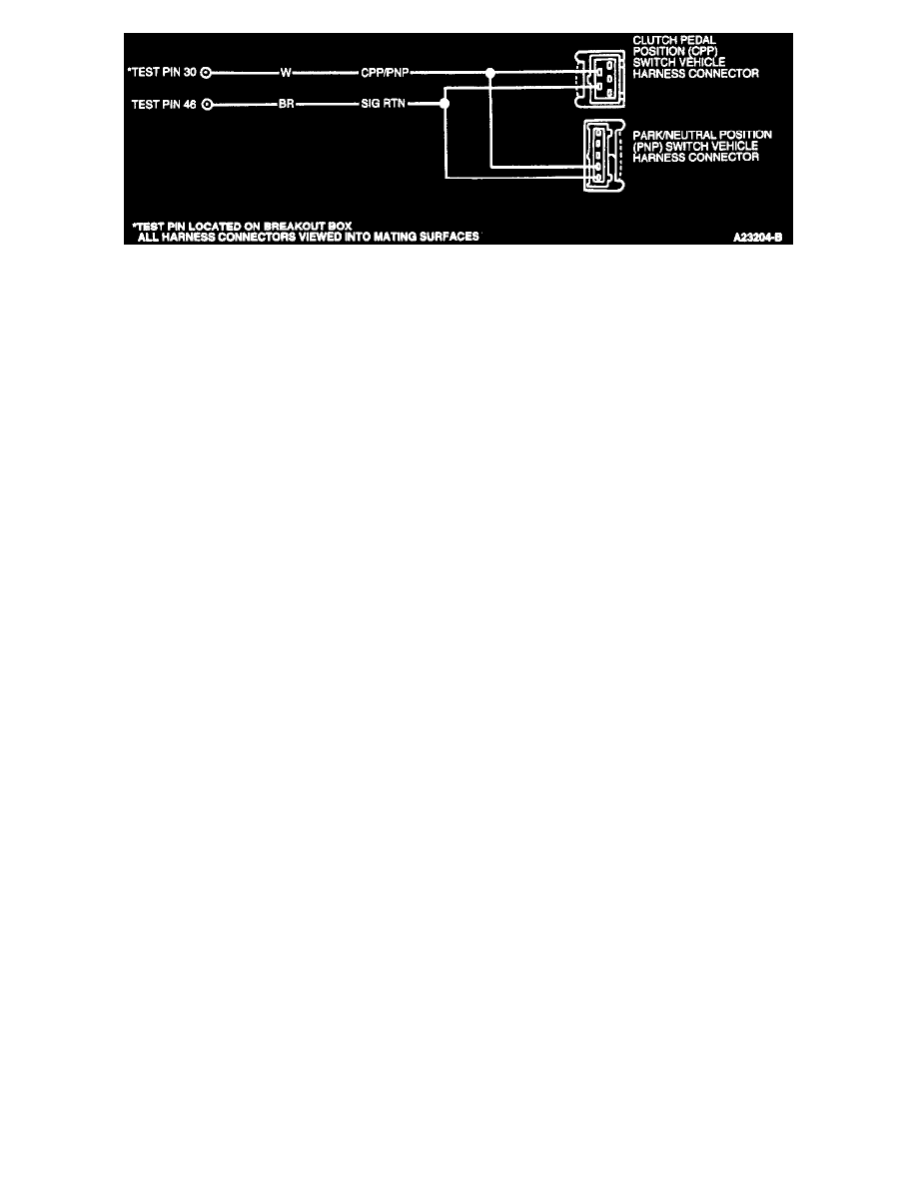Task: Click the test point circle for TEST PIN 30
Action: click(x=206, y=72)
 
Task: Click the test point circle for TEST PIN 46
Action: click(x=206, y=103)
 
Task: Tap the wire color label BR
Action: click(x=285, y=103)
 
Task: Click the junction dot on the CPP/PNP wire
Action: click(x=489, y=72)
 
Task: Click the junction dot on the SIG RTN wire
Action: click(x=445, y=103)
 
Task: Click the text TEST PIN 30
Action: click(x=165, y=72)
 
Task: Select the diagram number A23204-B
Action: click(x=754, y=239)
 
